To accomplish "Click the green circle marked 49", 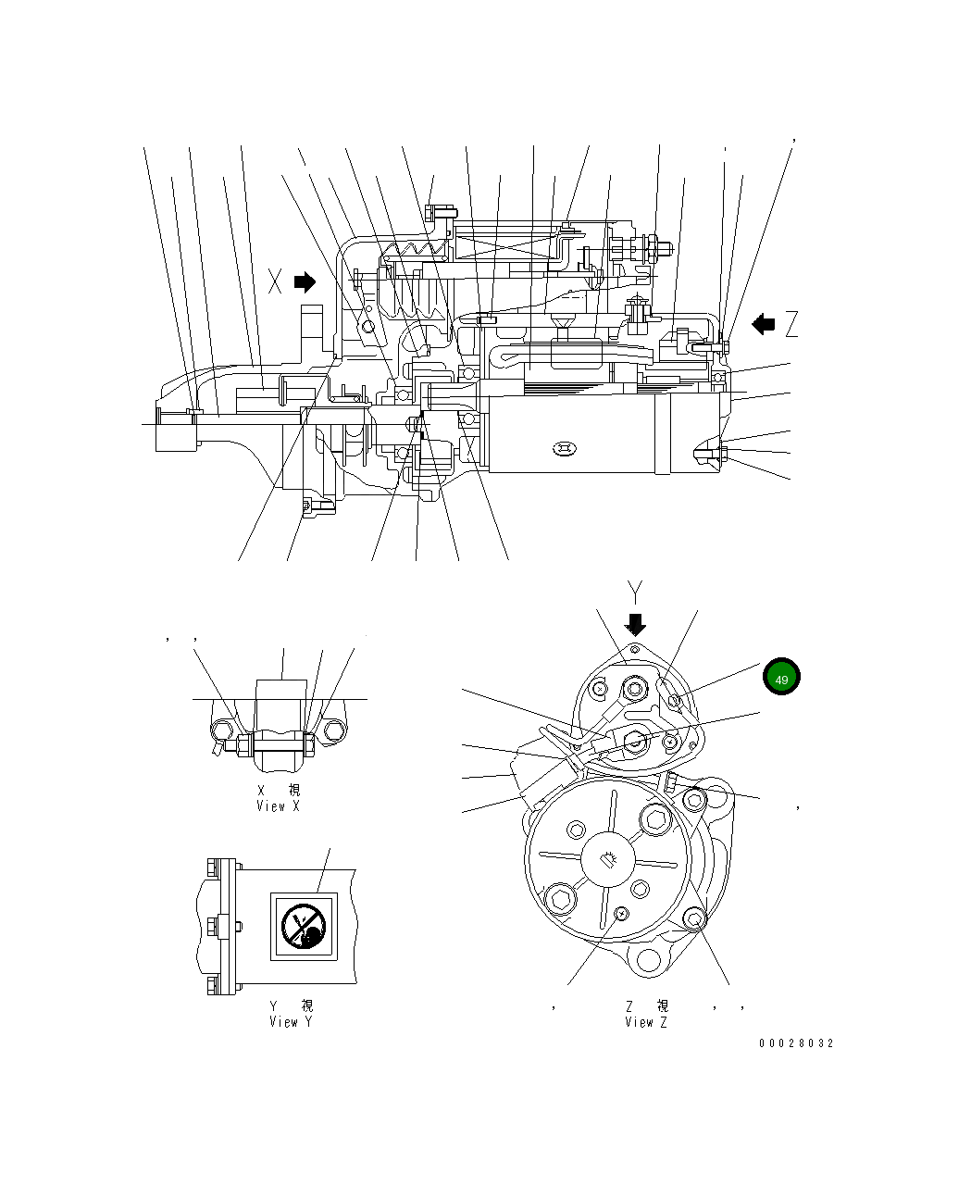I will pos(781,678).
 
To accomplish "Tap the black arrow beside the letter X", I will pos(305,281).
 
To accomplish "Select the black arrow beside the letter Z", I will pos(764,324).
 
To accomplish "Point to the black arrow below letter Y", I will pos(635,623).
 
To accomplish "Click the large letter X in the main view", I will pos(275,281).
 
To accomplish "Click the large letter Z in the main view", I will pos(791,324).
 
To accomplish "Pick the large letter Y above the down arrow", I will pos(635,592).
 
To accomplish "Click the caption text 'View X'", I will pos(278,806).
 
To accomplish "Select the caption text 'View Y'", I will pos(291,1022).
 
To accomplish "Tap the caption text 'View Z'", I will pos(645,1022).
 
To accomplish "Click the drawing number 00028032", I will pos(796,1043).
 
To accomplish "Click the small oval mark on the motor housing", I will pos(564,450).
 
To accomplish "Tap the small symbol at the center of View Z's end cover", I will pos(608,859).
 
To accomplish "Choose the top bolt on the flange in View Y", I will pos(214,867).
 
